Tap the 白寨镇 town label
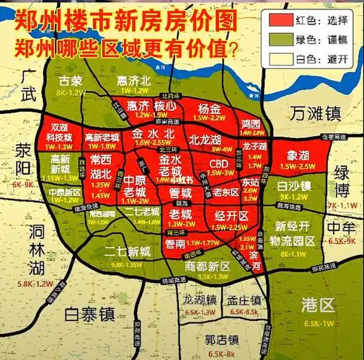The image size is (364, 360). pyautogui.click(x=90, y=314)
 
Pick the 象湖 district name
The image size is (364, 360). pyautogui.click(x=298, y=156)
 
